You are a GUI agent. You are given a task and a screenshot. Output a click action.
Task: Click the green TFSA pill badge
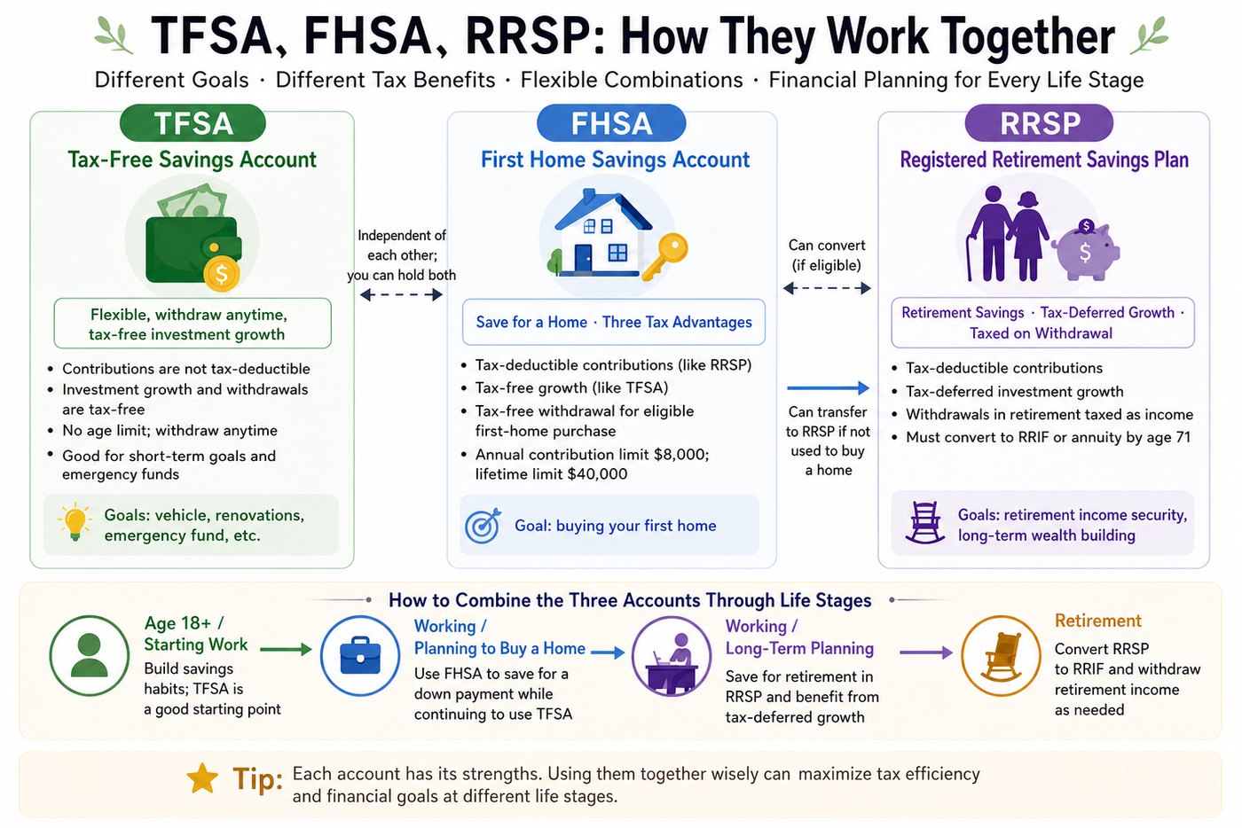(x=193, y=123)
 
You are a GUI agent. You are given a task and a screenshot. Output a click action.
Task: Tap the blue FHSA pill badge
(x=611, y=123)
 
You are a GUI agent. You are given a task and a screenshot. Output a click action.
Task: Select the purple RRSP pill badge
(x=1039, y=123)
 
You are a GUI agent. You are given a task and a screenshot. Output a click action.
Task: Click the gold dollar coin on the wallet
(x=221, y=273)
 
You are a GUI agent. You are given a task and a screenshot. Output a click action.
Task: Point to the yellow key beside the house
(x=665, y=256)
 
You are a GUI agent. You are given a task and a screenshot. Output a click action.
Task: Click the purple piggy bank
(x=1085, y=250)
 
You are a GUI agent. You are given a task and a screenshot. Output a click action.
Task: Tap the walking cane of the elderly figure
(x=969, y=258)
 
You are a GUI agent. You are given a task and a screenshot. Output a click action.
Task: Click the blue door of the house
(x=583, y=258)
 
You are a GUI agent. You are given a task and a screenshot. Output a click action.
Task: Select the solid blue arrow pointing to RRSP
(x=828, y=388)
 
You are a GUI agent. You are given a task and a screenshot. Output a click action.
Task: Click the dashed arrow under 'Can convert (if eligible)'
(x=827, y=288)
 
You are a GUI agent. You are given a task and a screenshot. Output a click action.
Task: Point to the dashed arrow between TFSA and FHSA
(x=401, y=295)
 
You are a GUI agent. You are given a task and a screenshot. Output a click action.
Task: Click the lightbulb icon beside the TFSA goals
(x=75, y=521)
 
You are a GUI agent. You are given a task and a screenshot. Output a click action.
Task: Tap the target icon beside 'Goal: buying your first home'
(x=483, y=526)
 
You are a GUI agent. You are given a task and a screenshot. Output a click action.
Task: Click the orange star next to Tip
(x=202, y=778)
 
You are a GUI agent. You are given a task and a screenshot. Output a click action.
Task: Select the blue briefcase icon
(x=360, y=656)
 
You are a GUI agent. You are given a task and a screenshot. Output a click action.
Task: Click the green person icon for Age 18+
(x=90, y=656)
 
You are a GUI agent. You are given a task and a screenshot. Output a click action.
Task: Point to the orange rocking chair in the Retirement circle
(x=1001, y=657)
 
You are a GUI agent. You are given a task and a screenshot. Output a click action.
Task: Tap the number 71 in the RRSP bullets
(x=1182, y=437)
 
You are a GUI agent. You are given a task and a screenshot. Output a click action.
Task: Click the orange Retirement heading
(x=1098, y=621)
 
